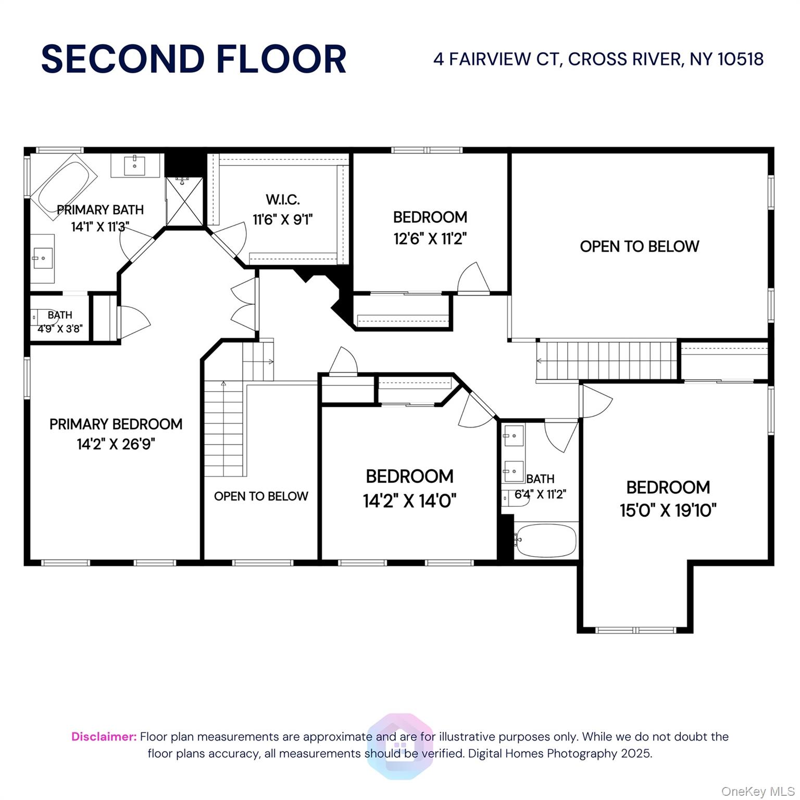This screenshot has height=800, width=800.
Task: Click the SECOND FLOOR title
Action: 194,59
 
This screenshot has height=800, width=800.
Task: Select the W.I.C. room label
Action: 283,199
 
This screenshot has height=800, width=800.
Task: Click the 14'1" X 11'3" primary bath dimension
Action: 100,227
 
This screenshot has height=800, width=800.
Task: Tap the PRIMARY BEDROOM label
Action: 116,424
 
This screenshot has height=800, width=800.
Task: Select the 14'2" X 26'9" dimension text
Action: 116,444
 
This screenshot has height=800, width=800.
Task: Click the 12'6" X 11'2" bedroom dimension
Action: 430,239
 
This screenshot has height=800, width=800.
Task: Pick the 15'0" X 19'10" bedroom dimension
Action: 668,510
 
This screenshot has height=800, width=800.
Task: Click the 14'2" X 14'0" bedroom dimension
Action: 410,501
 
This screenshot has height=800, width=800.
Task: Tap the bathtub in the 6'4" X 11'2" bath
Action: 546,540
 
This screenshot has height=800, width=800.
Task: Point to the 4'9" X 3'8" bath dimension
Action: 60,329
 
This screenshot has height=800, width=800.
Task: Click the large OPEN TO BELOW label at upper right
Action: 640,246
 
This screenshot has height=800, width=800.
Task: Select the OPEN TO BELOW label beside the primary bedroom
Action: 261,496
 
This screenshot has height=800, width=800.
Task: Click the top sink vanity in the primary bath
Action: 135,166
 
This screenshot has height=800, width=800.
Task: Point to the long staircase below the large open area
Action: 607,361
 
